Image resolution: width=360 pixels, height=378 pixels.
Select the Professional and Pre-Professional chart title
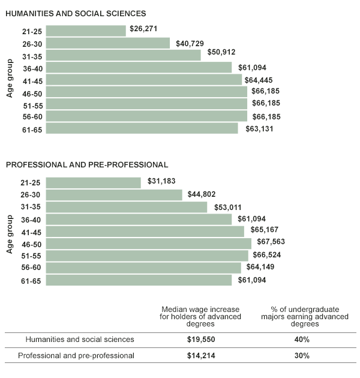click(x=87, y=164)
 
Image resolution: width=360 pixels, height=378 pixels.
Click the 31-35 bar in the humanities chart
click(x=123, y=55)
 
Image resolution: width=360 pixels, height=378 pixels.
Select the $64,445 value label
click(x=262, y=80)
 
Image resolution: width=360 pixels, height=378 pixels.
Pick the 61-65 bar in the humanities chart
click(x=142, y=128)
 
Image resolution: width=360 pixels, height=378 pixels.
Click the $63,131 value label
click(x=258, y=128)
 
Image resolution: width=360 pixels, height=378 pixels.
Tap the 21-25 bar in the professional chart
click(x=93, y=182)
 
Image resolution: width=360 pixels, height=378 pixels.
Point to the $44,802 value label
click(x=202, y=195)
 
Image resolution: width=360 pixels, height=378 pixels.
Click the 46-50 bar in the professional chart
click(x=148, y=244)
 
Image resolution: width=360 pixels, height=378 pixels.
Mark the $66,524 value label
click(x=268, y=256)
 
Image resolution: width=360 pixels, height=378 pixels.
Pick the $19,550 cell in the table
click(x=201, y=340)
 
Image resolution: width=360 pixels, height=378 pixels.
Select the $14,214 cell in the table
click(x=201, y=355)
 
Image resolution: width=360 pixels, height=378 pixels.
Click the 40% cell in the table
click(x=301, y=340)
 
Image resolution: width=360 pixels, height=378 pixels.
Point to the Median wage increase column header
click(x=201, y=316)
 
